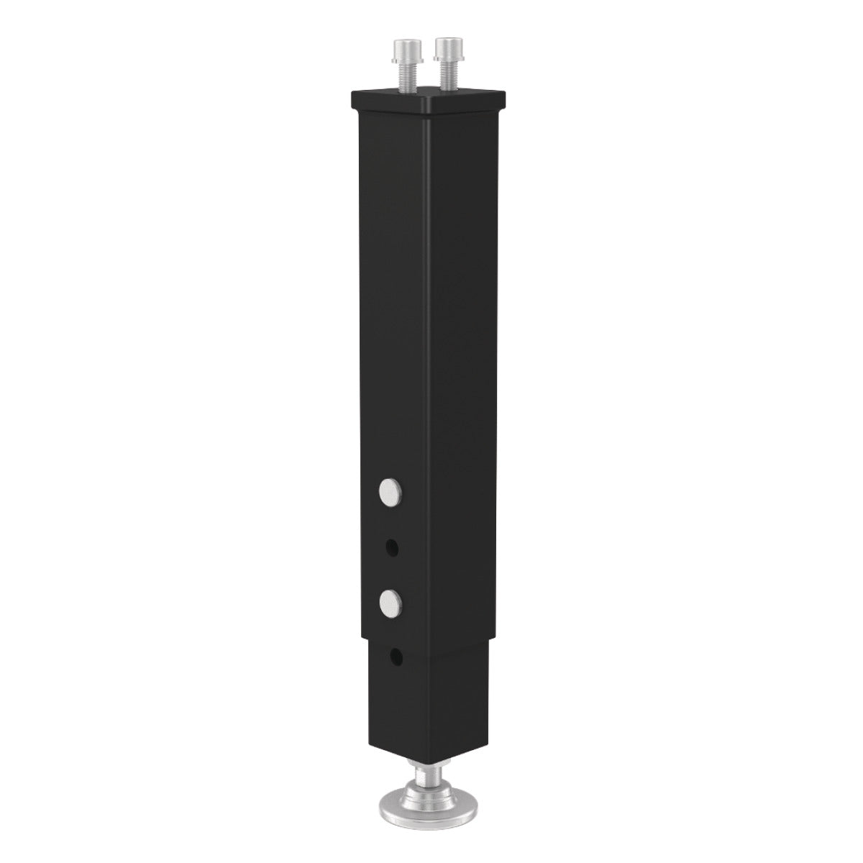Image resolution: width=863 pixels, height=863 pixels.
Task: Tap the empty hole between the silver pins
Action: (391, 548)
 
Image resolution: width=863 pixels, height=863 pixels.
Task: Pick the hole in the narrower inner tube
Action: (395, 656)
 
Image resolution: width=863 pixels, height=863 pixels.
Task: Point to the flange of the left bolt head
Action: (402, 60)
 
